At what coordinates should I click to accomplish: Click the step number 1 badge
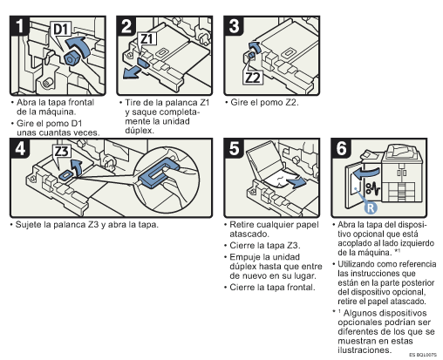coord(19,26)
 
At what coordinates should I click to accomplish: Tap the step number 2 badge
coord(126,26)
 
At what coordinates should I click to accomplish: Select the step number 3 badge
coord(234,26)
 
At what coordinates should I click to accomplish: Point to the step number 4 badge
coord(20,148)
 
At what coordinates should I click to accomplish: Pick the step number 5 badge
coord(234,148)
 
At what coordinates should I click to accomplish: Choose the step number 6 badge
coord(341,148)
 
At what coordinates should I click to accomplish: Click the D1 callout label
coord(61,29)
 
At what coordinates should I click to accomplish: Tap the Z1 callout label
coord(147,38)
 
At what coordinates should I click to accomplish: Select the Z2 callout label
coord(253,78)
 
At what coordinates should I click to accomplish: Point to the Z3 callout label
coord(62,151)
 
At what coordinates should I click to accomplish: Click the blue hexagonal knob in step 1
coord(71,59)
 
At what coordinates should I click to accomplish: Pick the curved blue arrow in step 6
coord(365,173)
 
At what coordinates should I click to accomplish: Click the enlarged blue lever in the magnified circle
coord(158,173)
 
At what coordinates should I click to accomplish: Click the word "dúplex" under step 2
coord(140,131)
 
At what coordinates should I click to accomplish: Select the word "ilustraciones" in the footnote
coord(365,350)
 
